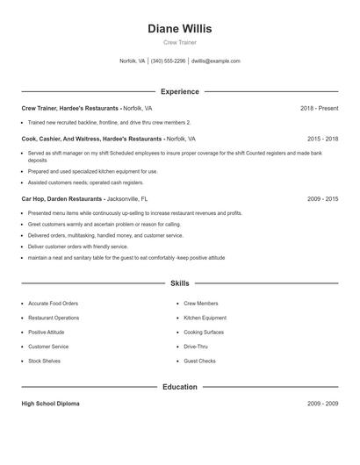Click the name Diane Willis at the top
click(179, 29)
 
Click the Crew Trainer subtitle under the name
click(179, 43)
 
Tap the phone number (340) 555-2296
click(168, 61)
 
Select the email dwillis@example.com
click(215, 61)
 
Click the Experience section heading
click(179, 91)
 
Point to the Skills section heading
click(179, 283)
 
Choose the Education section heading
click(179, 387)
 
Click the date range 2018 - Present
click(319, 108)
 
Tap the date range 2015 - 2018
click(322, 139)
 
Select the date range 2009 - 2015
click(322, 199)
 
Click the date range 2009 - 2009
click(322, 404)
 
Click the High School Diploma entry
click(50, 404)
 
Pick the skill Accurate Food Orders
click(53, 304)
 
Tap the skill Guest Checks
click(199, 361)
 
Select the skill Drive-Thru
click(196, 347)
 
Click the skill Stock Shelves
click(45, 361)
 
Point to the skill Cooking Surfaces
click(204, 333)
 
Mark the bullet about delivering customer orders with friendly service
click(78, 247)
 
